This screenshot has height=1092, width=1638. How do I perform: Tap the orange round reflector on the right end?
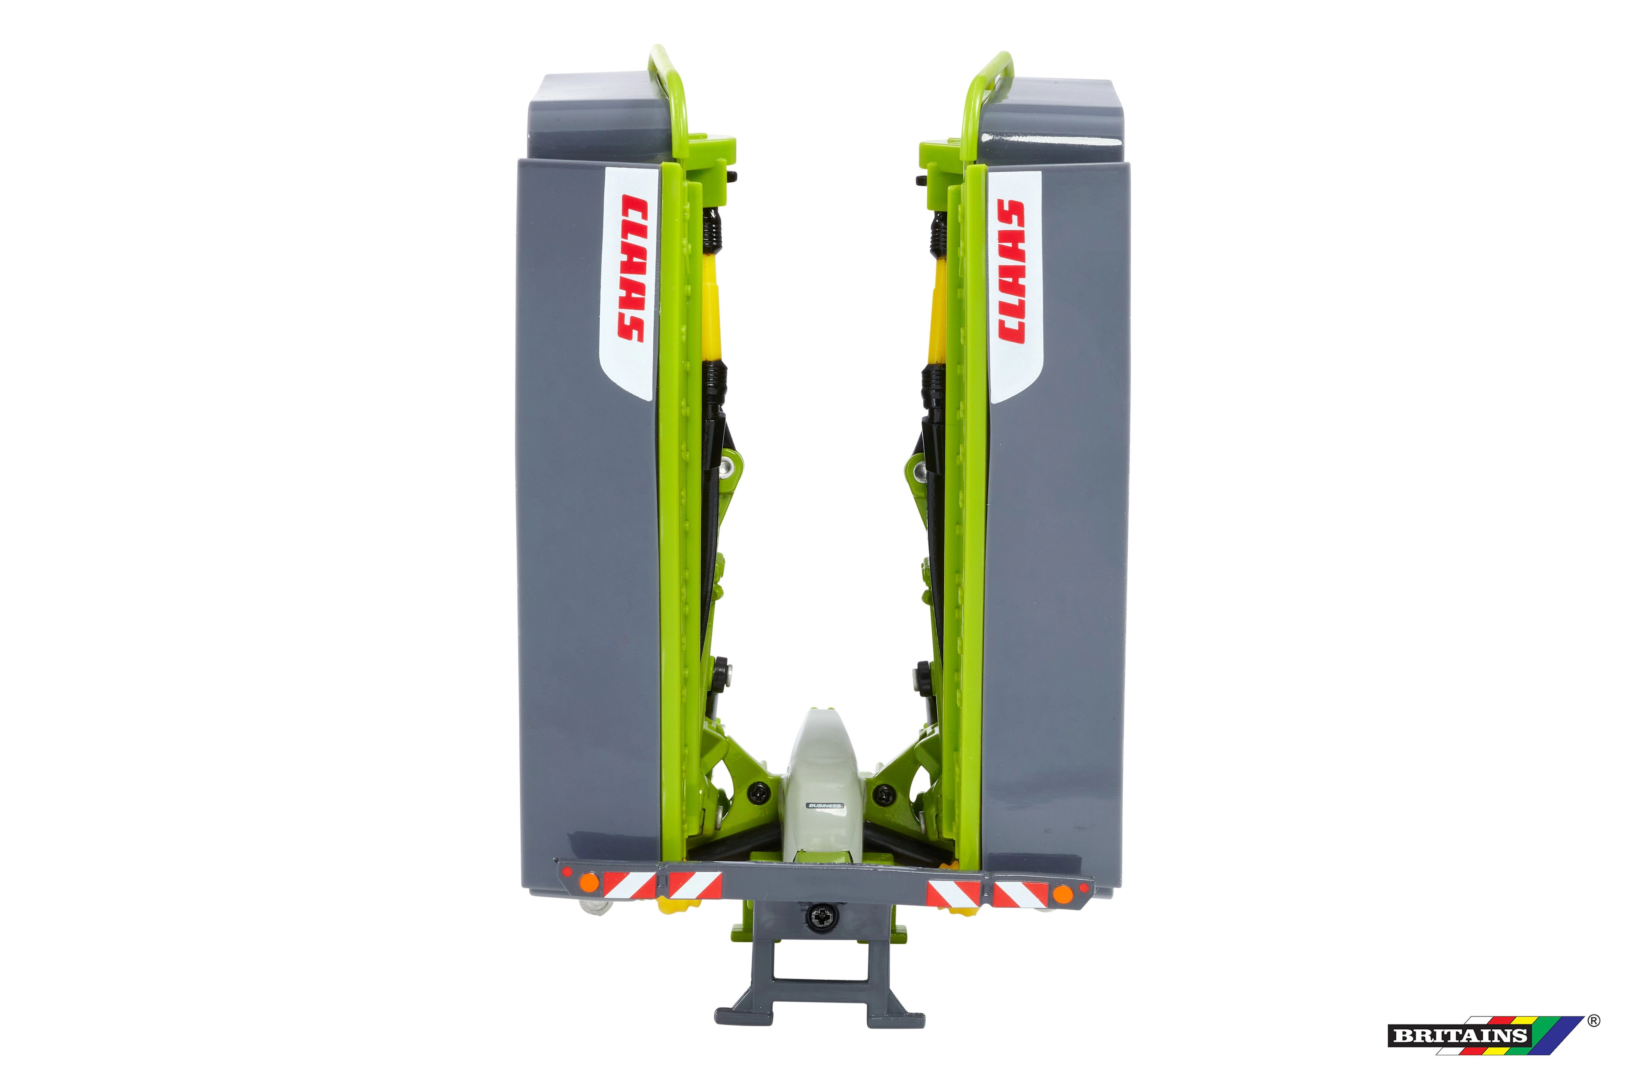click(1062, 894)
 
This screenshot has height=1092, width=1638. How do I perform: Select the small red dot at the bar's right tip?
click(1083, 889)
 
